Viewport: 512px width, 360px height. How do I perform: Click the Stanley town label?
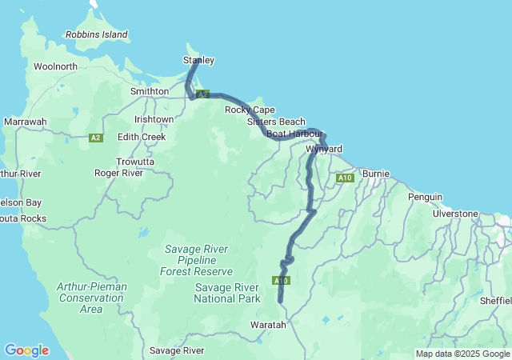click(198, 60)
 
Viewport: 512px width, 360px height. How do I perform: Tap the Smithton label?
click(150, 91)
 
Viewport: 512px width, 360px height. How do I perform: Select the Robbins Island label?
click(97, 35)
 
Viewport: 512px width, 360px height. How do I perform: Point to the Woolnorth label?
click(55, 66)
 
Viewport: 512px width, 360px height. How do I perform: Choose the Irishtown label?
click(154, 119)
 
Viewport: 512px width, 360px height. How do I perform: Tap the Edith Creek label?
click(142, 137)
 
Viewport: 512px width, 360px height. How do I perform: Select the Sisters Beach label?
click(276, 122)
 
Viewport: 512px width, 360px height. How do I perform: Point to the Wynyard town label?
click(324, 150)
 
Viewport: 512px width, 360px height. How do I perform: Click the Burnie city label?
click(376, 173)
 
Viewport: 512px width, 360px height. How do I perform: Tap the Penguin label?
click(424, 197)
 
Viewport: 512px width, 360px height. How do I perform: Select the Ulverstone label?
click(455, 214)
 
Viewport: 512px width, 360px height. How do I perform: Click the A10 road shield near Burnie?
click(345, 178)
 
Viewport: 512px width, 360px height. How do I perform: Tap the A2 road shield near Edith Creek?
click(96, 138)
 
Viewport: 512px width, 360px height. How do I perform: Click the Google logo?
click(26, 350)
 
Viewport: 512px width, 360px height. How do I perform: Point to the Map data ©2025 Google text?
click(462, 354)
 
